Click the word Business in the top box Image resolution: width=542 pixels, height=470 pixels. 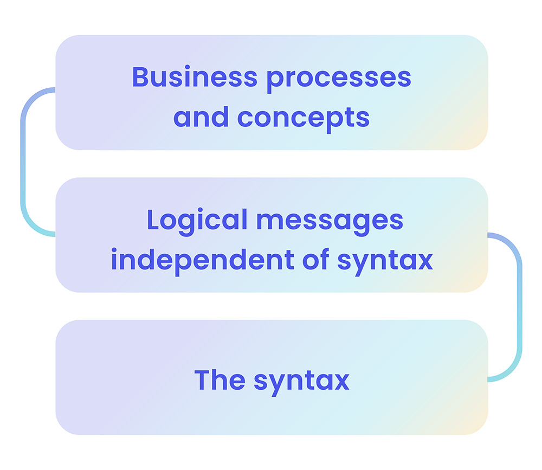point(194,77)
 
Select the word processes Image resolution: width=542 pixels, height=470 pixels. point(338,78)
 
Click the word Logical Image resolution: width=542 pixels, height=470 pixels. point(197,221)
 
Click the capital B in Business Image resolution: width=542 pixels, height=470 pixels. point(140,77)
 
